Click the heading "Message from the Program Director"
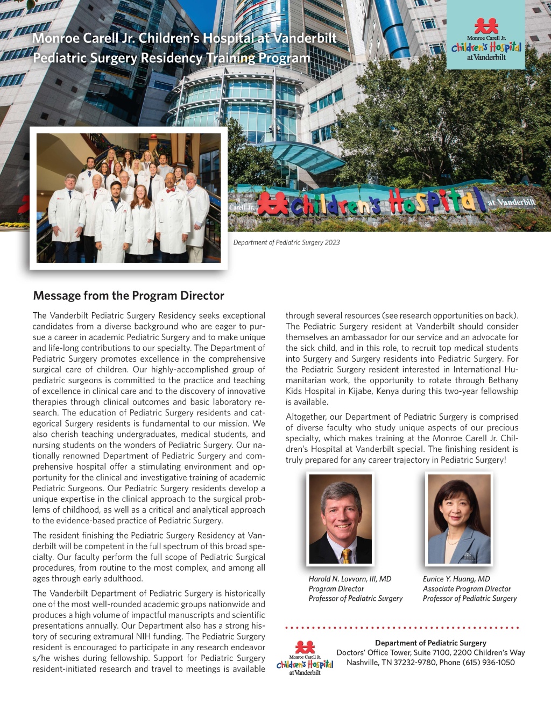tap(129, 296)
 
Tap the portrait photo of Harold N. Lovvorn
tap(341, 519)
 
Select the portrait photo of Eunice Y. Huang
tap(459, 519)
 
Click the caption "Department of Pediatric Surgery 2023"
tap(286, 242)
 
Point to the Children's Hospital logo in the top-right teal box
tap(486, 40)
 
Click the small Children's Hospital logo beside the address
tap(305, 658)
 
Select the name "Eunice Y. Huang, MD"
tap(456, 579)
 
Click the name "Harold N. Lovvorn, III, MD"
tap(350, 579)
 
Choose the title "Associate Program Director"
tap(467, 588)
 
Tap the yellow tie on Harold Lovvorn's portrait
tap(346, 555)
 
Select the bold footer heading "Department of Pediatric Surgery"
tap(430, 643)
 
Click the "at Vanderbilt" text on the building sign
tap(511, 203)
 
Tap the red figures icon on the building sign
tap(273, 204)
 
